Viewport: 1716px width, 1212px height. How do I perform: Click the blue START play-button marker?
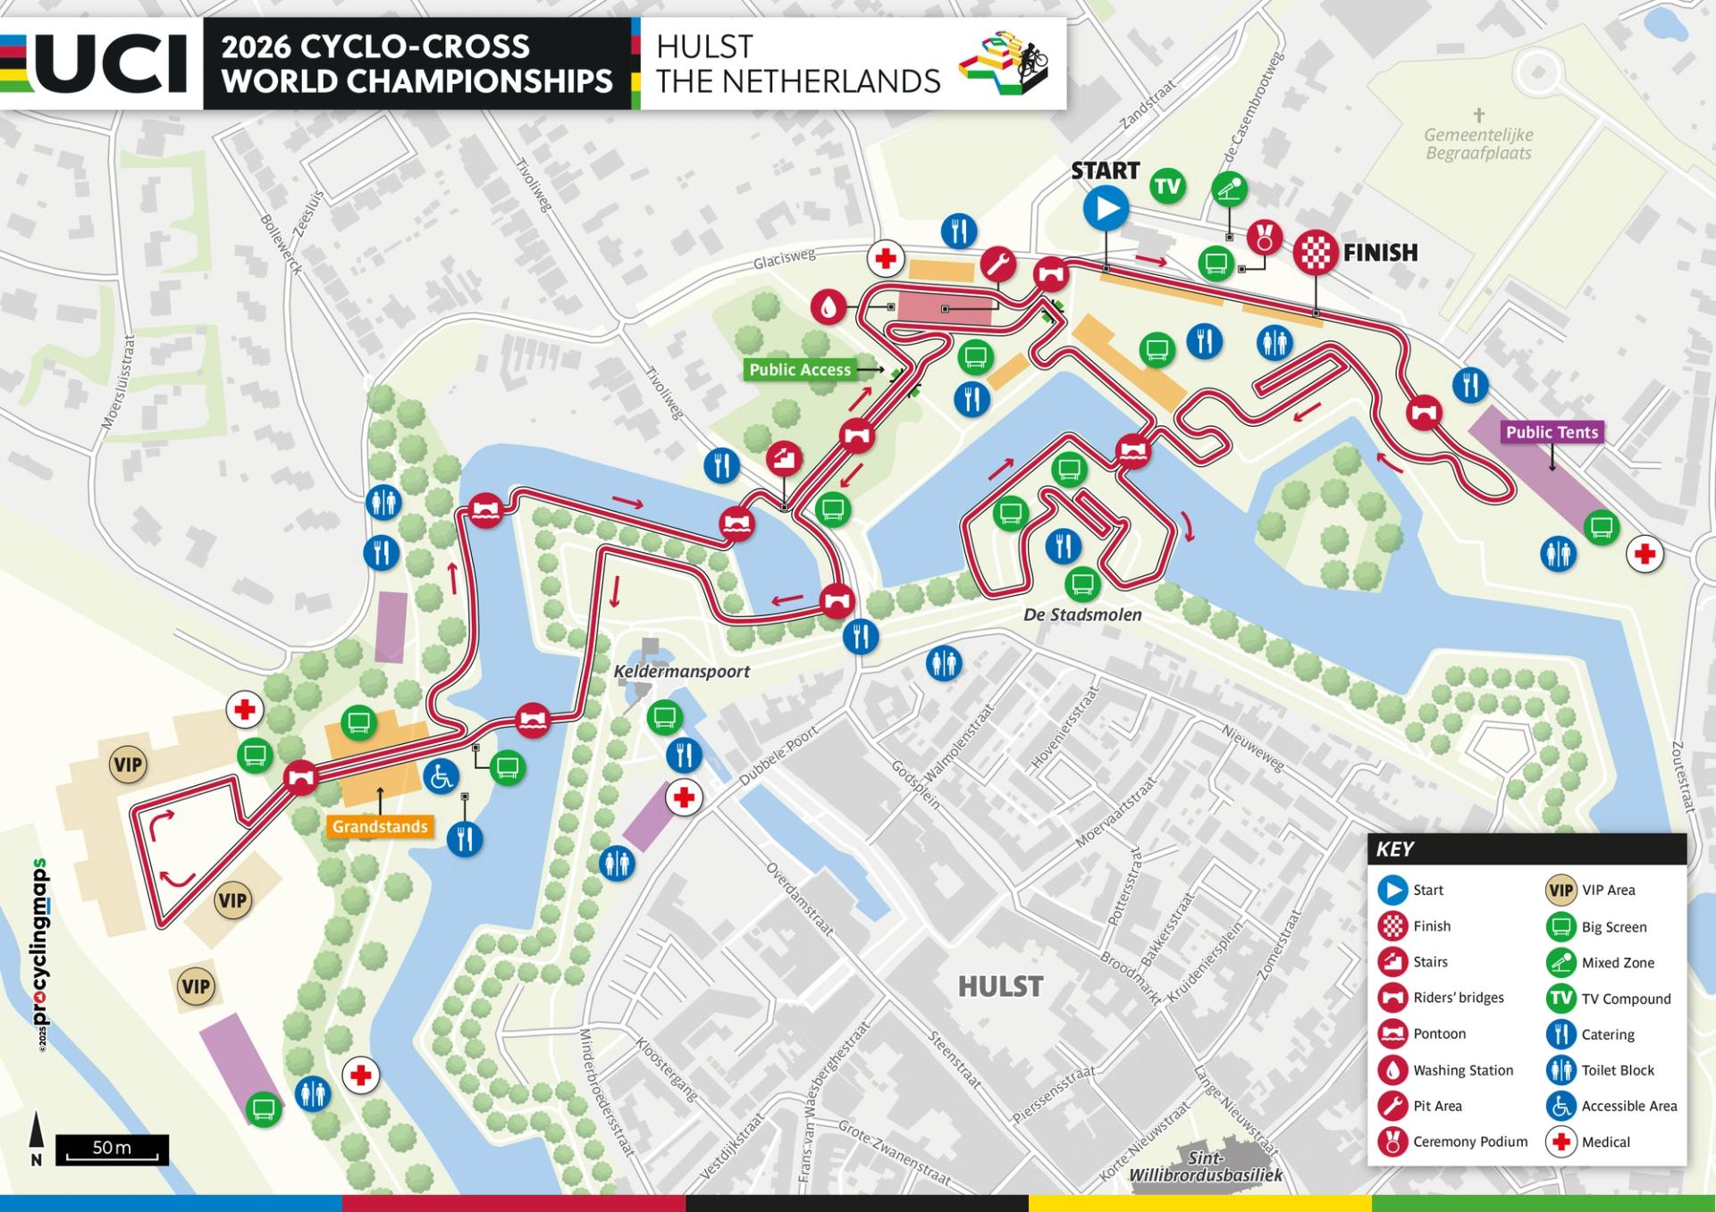pos(1106,209)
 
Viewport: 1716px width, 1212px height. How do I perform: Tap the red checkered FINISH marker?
pos(1315,252)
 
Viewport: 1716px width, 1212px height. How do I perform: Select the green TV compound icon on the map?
pos(1167,186)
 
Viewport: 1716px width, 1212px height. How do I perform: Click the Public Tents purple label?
pos(1552,432)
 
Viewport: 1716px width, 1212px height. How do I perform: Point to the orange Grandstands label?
pos(380,826)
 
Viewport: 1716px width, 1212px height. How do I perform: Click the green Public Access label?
pos(799,370)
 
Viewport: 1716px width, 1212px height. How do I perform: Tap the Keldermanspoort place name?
pos(681,672)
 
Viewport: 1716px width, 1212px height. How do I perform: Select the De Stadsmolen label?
pos(1082,614)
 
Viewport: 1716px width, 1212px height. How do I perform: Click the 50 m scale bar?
pos(112,1149)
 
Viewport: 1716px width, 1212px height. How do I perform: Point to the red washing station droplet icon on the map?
pos(829,307)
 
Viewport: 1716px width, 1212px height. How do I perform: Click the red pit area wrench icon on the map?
pos(997,264)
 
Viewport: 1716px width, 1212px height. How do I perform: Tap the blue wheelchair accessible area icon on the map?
pos(441,776)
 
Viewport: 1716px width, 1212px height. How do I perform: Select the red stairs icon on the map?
pos(784,458)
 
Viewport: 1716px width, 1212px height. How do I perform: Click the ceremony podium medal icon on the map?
pos(1264,238)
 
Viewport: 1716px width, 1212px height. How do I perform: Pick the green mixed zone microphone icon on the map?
pos(1229,189)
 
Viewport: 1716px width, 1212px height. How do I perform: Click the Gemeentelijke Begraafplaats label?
pos(1478,144)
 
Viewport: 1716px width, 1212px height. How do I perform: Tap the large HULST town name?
pos(1000,986)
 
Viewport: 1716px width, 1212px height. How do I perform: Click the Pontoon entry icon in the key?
pos(1392,1033)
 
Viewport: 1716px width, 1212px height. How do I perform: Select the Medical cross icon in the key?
pos(1560,1141)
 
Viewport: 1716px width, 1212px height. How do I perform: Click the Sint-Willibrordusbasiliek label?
pos(1205,1166)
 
